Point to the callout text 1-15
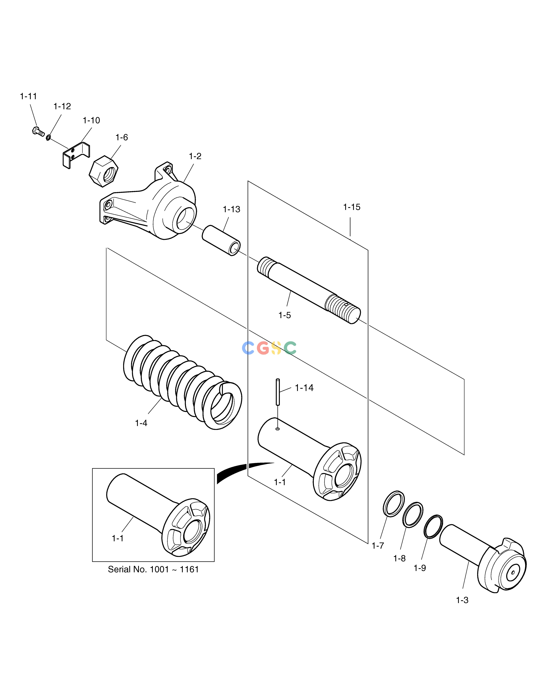351,207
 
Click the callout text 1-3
462,600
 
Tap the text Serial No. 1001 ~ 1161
153,569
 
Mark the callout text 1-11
28,96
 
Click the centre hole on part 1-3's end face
513,572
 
